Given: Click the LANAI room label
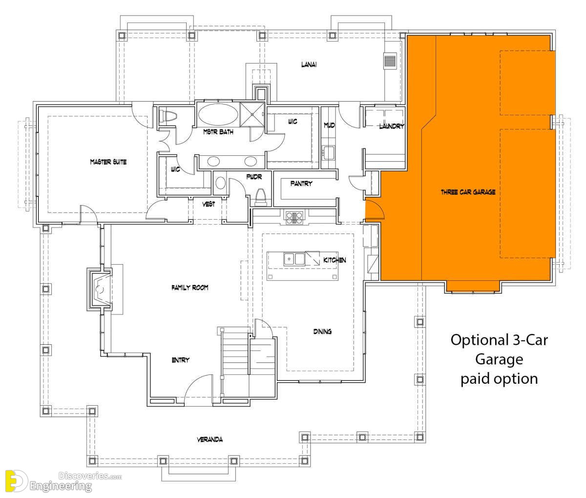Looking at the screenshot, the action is click(x=309, y=64).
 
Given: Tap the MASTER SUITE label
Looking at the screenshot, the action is click(x=108, y=162).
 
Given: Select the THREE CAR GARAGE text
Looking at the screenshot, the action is click(x=468, y=192).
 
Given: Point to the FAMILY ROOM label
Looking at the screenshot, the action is click(x=189, y=288).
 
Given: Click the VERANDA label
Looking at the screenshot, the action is click(x=210, y=439).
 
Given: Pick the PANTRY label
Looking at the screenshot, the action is click(x=301, y=184).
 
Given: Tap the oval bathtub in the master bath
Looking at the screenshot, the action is click(x=218, y=114).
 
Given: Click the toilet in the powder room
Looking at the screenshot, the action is click(x=261, y=197).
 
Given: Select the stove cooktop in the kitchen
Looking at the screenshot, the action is click(x=294, y=218).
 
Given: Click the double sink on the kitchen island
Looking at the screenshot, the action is click(x=294, y=259).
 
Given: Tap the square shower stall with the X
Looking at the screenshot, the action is click(x=252, y=114).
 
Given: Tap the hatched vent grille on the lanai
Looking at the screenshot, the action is click(x=390, y=61).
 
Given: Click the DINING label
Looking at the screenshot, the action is click(x=322, y=332).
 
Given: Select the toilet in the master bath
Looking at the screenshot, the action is click(x=168, y=116).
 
